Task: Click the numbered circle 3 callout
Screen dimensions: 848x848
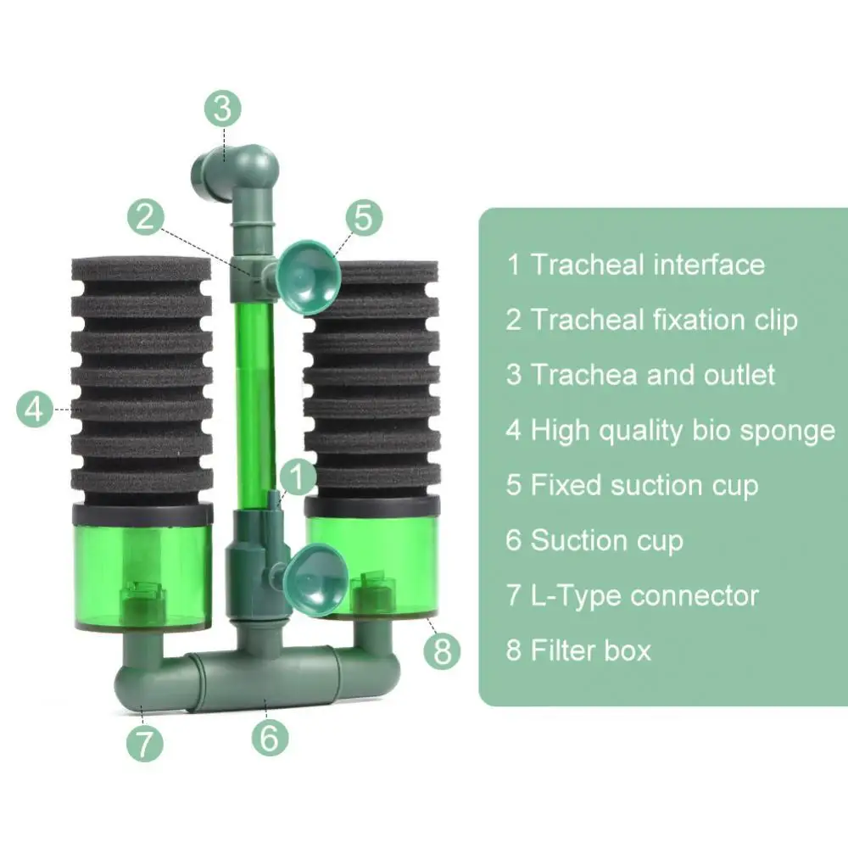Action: pos(222,109)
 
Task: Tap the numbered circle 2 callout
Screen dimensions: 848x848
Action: pos(146,216)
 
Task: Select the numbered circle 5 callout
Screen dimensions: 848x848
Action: pos(362,217)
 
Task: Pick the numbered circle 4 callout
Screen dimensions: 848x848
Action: pos(35,410)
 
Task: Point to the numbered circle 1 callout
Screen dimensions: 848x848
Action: pos(296,477)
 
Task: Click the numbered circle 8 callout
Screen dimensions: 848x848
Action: pos(442,652)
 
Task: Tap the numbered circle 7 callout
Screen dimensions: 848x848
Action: pos(144,744)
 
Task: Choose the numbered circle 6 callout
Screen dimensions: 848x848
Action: pos(269,737)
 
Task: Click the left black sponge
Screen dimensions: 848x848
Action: pos(141,377)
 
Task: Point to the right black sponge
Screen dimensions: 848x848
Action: pos(373,382)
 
